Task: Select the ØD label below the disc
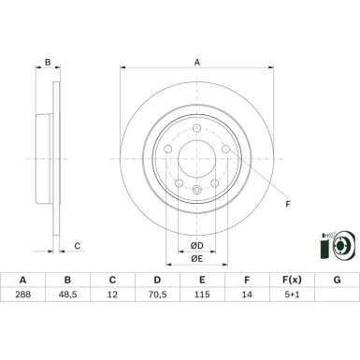pyautogui.click(x=195, y=245)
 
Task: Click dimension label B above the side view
pyautogui.click(x=48, y=63)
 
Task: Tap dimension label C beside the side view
pyautogui.click(x=78, y=247)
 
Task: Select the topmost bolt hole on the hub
pyautogui.click(x=196, y=128)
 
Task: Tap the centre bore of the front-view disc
pyautogui.click(x=196, y=160)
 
